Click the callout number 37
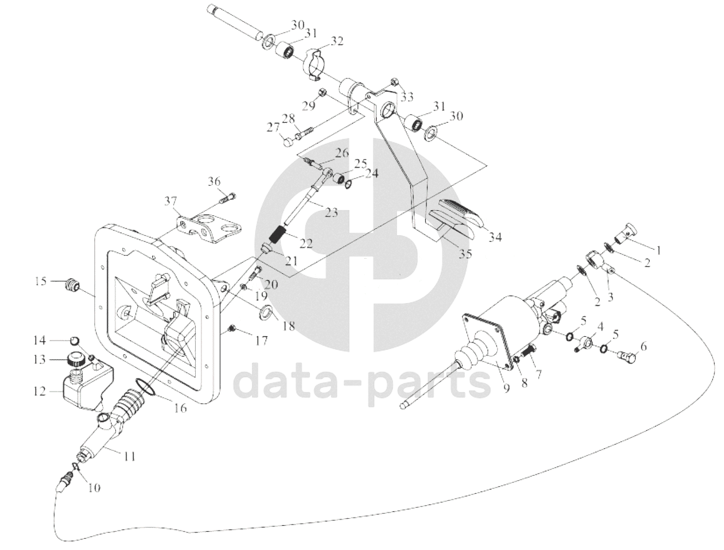click(x=171, y=201)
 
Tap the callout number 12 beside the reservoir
click(x=40, y=392)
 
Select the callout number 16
click(x=181, y=408)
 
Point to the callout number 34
click(x=495, y=238)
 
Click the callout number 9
click(x=506, y=389)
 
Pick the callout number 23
click(x=332, y=213)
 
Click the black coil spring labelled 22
click(x=278, y=233)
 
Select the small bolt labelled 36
click(x=226, y=198)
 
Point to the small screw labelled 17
click(x=233, y=329)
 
